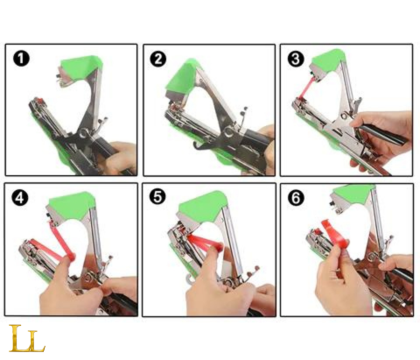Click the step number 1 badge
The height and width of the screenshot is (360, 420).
coord(21,59)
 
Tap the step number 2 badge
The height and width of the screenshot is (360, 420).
coord(158,59)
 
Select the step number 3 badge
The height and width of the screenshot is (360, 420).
coord(296,59)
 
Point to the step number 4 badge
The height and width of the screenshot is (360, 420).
coord(20,198)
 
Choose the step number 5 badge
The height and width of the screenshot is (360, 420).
coord(157,196)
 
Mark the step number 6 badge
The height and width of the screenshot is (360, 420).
coord(296,198)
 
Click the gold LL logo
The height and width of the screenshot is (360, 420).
coord(27,338)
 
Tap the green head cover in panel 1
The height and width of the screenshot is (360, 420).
coord(81,67)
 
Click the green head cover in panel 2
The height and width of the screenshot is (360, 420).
coord(180,77)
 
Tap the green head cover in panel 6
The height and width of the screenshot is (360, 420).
coord(354,193)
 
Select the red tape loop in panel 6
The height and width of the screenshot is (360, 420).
coord(335,235)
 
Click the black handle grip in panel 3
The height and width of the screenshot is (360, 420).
coord(382,134)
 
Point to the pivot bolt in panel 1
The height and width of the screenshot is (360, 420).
coord(85,133)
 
